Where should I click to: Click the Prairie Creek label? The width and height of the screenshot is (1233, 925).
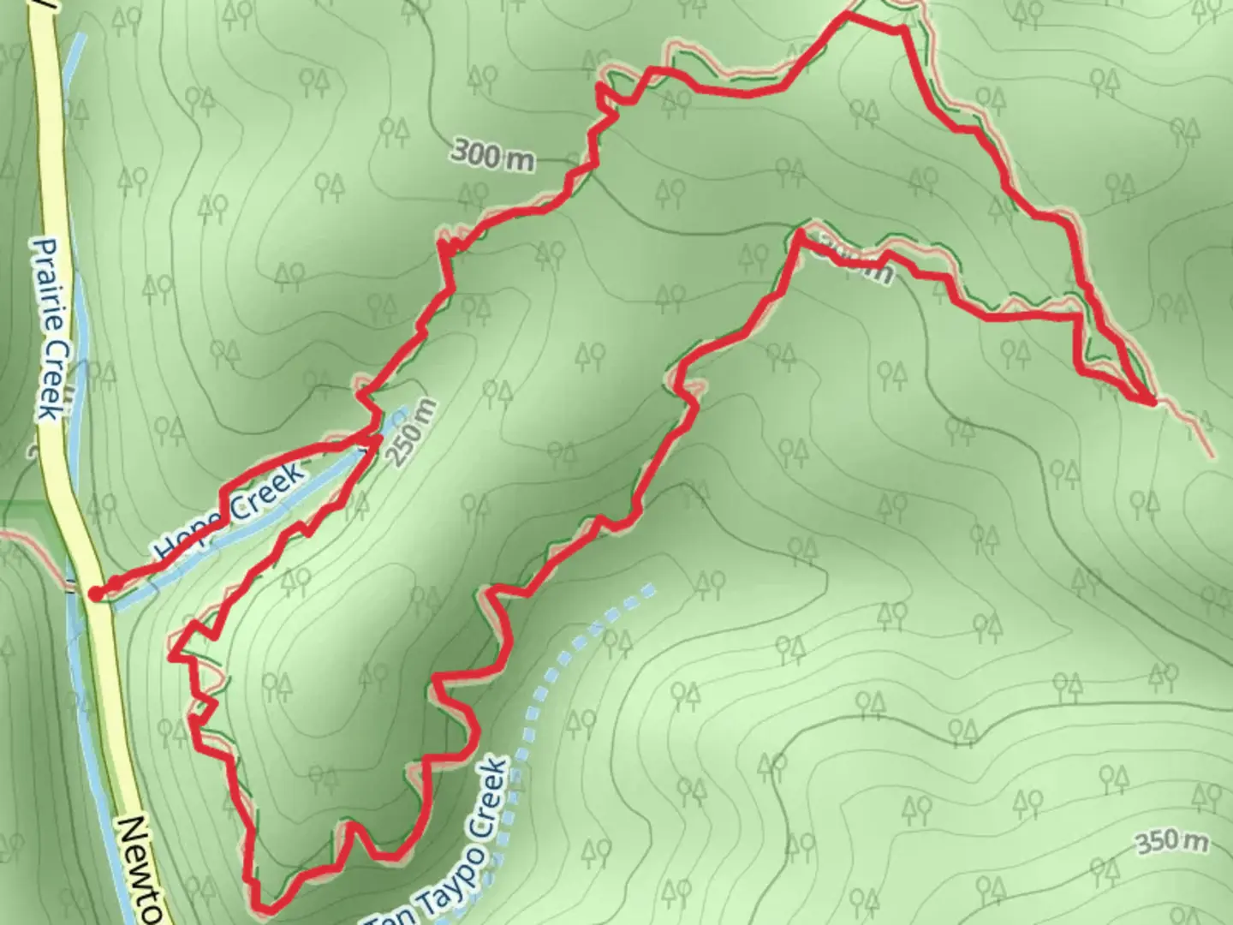[51, 329]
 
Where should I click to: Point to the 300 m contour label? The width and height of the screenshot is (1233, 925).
[491, 156]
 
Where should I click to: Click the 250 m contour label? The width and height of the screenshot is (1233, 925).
[414, 433]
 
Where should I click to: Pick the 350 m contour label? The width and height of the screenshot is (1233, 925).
[1171, 842]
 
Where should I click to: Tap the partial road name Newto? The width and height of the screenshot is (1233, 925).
[141, 865]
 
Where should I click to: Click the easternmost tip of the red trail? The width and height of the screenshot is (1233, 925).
[1152, 400]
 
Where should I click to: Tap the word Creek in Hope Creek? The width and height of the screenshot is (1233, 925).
[266, 492]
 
